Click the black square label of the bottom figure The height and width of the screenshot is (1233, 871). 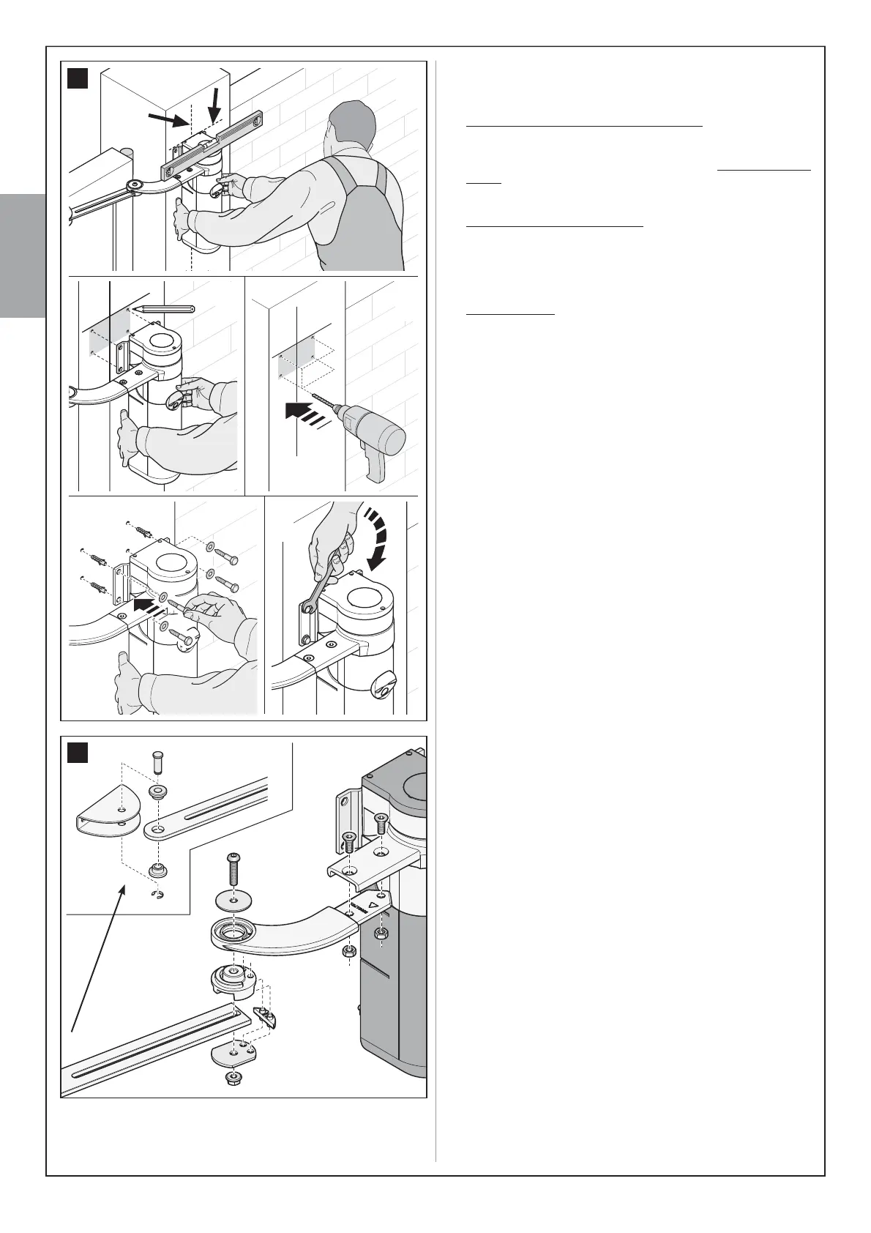(78, 753)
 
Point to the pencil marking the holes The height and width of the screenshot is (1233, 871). (165, 309)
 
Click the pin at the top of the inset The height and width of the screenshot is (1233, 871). (156, 762)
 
